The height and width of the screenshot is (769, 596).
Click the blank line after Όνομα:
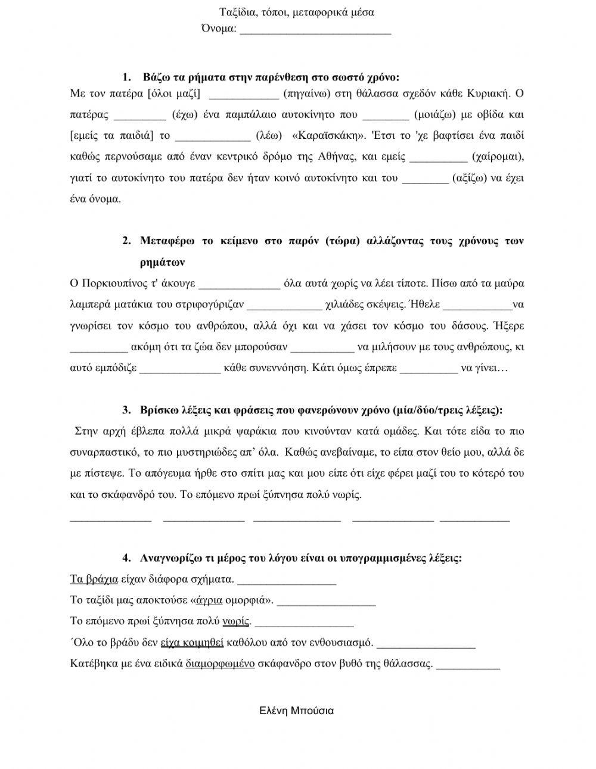click(315, 31)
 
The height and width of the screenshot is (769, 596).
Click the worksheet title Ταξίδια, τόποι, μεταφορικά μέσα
click(297, 12)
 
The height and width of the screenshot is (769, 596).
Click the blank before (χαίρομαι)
click(439, 157)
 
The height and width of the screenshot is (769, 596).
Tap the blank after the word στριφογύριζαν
click(284, 304)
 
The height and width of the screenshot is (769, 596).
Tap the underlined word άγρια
click(209, 600)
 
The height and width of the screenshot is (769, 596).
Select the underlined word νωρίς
click(235, 621)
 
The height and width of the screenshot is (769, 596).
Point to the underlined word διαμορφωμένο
click(221, 664)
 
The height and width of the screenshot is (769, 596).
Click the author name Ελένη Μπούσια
click(297, 711)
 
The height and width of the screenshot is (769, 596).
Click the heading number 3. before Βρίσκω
click(126, 410)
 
